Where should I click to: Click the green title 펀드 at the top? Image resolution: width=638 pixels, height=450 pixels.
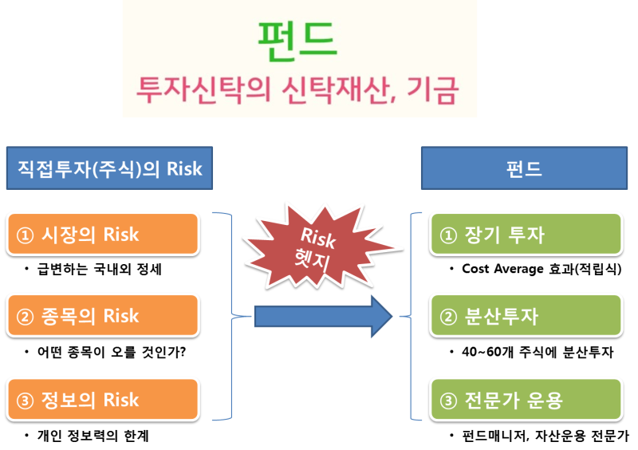pyautogui.click(x=297, y=41)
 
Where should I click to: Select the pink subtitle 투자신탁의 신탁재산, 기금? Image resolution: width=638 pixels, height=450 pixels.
pyautogui.click(x=297, y=90)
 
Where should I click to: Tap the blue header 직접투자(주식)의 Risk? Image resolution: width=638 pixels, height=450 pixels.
pyautogui.click(x=109, y=168)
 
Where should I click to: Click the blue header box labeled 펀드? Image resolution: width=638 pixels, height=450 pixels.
pyautogui.click(x=524, y=168)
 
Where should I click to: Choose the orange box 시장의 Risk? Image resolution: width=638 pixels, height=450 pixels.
pyautogui.click(x=103, y=234)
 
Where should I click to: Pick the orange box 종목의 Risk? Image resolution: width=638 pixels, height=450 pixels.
pyautogui.click(x=103, y=316)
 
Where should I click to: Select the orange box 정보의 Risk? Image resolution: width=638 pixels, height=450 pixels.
pyautogui.click(x=103, y=400)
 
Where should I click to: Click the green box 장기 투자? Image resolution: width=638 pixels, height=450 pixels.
pyautogui.click(x=526, y=234)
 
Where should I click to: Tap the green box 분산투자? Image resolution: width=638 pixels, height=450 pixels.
pyautogui.click(x=526, y=316)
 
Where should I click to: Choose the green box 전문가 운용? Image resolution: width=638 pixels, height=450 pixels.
pyautogui.click(x=526, y=400)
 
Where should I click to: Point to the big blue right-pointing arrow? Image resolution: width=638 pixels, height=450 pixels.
pyautogui.click(x=324, y=317)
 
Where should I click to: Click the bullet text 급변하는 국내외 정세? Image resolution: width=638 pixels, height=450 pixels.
pyautogui.click(x=99, y=269)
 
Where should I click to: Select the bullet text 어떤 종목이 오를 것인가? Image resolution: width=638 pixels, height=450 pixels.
pyautogui.click(x=112, y=352)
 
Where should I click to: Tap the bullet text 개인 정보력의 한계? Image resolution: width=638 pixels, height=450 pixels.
pyautogui.click(x=93, y=436)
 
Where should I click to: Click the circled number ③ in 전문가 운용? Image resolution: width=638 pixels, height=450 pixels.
pyautogui.click(x=448, y=401)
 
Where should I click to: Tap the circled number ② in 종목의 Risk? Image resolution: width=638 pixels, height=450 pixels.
pyautogui.click(x=25, y=317)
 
